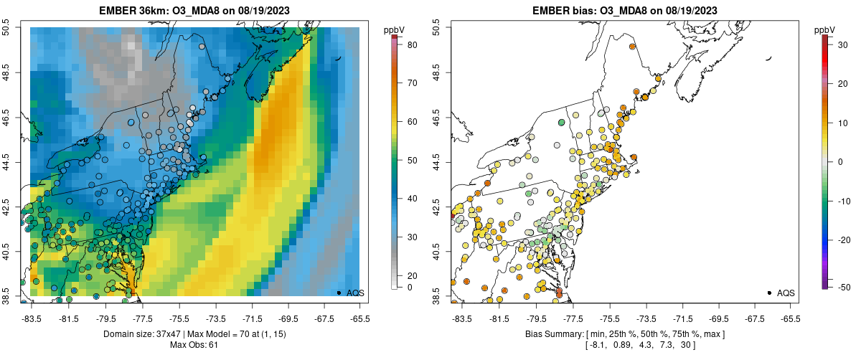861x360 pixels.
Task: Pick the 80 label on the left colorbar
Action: [x=413, y=44]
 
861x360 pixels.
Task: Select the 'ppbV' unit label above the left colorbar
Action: [x=394, y=29]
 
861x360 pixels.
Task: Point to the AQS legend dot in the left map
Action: [x=339, y=293]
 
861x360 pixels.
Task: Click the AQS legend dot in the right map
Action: [x=769, y=293]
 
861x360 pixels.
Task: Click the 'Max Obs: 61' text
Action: [x=194, y=346]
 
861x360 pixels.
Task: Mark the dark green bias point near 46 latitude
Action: [x=562, y=123]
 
